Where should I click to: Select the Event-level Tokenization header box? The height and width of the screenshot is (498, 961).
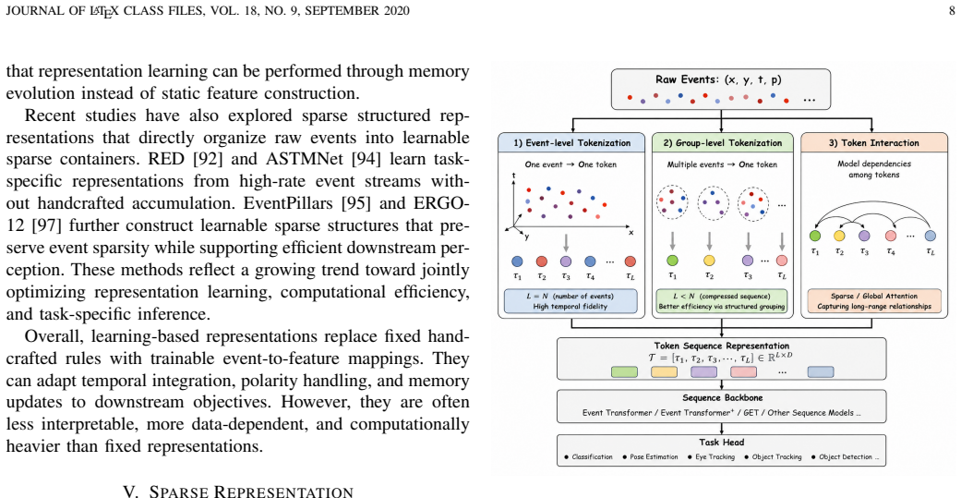point(571,143)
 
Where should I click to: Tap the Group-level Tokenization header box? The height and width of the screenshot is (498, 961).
point(723,143)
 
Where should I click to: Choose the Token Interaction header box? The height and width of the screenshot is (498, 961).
point(873,143)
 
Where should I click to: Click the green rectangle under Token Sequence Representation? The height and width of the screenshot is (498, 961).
point(625,371)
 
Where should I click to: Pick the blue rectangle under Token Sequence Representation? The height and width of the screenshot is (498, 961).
point(821,371)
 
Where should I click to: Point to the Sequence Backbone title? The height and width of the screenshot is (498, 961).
point(722,398)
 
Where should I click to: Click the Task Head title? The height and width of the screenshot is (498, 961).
point(722,443)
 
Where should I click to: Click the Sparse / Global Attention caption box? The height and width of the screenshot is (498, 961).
point(873,301)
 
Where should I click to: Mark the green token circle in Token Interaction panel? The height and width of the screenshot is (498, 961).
point(814,236)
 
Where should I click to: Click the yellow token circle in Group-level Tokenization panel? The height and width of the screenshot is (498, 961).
point(709,260)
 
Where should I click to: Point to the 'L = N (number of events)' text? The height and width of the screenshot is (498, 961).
point(570,297)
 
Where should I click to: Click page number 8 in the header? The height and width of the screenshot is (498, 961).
point(952,11)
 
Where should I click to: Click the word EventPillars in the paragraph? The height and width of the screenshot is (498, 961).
point(298,203)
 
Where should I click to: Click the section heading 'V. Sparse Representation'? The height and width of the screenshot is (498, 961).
point(238,492)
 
